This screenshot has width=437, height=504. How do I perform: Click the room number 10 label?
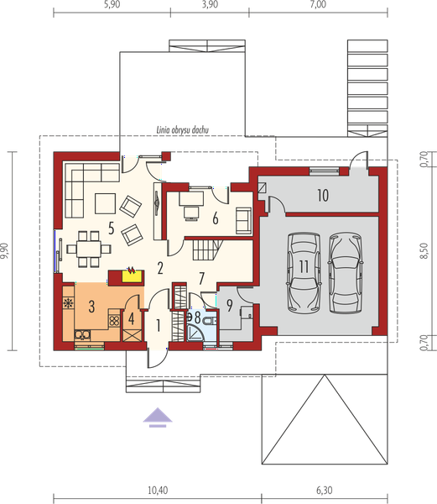[x=323, y=195]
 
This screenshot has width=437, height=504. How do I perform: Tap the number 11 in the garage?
[x=304, y=266]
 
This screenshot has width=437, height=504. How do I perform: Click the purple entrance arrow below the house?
[x=158, y=417]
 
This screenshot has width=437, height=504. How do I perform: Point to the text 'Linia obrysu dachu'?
[x=183, y=130]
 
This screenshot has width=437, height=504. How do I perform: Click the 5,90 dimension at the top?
[x=112, y=5]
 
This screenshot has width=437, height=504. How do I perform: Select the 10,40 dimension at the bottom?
[x=158, y=491]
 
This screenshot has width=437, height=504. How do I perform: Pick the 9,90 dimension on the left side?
[x=5, y=250]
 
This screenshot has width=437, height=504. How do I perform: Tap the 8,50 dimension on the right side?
[x=424, y=250]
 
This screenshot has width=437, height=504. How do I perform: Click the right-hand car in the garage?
[x=346, y=273]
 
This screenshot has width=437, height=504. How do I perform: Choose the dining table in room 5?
[x=89, y=249]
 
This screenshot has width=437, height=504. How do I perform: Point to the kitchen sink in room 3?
[x=82, y=335]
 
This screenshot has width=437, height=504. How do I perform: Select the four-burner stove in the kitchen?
[x=114, y=321]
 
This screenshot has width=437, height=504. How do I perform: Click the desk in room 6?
[x=191, y=198]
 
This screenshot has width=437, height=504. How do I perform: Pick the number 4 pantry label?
[x=131, y=318]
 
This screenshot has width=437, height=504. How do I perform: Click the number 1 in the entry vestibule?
[x=158, y=326]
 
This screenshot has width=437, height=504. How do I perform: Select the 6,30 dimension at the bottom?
[x=325, y=491]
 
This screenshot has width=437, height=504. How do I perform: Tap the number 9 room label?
[x=230, y=306]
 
